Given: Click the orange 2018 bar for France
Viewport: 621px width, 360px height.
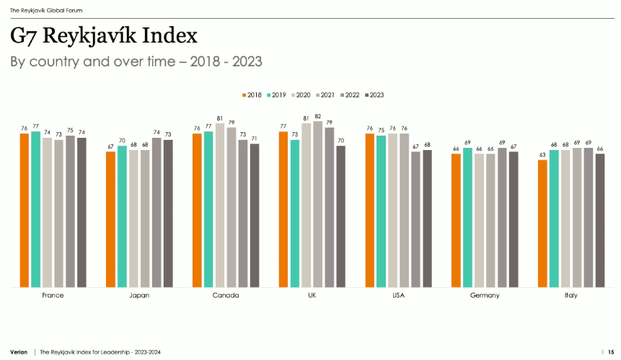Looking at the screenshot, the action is pos(24,210).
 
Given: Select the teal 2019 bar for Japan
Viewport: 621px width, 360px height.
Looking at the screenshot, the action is pos(122,216).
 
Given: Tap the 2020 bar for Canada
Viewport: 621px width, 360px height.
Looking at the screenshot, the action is pos(220,205).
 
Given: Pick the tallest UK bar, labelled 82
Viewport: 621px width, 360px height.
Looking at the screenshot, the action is pos(317,204).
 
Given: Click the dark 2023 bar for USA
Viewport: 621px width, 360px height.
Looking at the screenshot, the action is pos(427,219).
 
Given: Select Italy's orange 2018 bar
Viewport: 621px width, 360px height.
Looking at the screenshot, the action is pos(542,224).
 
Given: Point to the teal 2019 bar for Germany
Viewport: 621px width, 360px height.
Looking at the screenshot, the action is pos(467,217).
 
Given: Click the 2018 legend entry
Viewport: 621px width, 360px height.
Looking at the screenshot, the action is pos(252,95).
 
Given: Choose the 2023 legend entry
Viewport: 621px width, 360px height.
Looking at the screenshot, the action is pos(374,95).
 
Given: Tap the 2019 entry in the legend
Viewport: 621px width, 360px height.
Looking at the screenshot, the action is pos(276,95).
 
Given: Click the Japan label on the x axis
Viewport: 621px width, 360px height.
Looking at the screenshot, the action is pos(139,296).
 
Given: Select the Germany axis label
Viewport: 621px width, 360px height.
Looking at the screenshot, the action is pos(485,296).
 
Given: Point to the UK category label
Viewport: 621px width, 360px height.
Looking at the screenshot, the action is pos(312,296).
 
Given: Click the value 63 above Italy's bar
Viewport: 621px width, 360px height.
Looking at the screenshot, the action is pos(542,155).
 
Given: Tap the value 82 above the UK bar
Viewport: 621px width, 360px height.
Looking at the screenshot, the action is pos(317,116).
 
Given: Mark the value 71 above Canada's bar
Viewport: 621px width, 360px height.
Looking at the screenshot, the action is pos(254,139).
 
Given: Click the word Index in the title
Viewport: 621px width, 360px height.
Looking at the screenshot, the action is pos(169,35).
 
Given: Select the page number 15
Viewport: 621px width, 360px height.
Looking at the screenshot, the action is pos(611,352).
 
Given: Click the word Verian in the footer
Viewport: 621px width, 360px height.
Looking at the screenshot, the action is pos(19,352).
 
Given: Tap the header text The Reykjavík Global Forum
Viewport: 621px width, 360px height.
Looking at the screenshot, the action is pos(46,10).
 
